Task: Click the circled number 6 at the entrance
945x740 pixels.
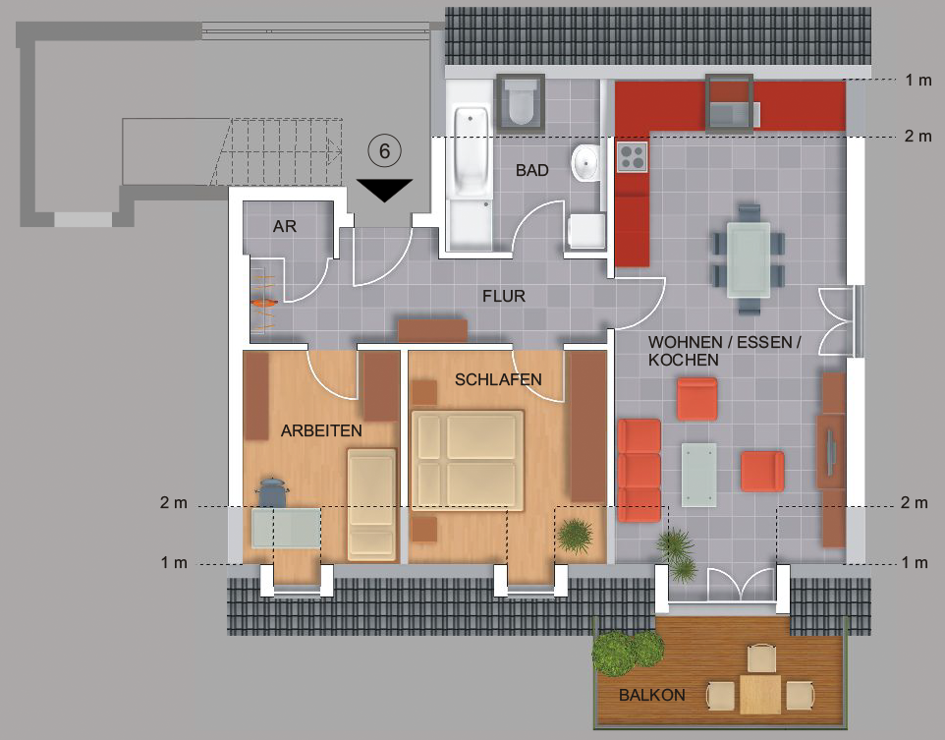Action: pyautogui.click(x=384, y=150)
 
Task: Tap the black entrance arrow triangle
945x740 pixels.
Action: pyautogui.click(x=384, y=190)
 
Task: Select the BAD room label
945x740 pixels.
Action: pyautogui.click(x=532, y=171)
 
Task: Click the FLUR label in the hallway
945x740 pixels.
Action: pyautogui.click(x=504, y=296)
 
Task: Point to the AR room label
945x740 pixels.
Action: pyautogui.click(x=285, y=226)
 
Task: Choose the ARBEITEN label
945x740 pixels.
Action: pyautogui.click(x=321, y=430)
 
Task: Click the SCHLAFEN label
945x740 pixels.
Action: pyautogui.click(x=498, y=379)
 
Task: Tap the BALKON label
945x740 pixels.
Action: pyautogui.click(x=652, y=695)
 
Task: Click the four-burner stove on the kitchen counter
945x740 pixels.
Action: pyautogui.click(x=633, y=157)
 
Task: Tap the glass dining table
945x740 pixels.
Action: pyautogui.click(x=748, y=260)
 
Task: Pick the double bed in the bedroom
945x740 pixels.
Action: pyautogui.click(x=467, y=460)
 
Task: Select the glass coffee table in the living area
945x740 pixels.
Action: pyautogui.click(x=699, y=475)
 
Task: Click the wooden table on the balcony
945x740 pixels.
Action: pyautogui.click(x=760, y=694)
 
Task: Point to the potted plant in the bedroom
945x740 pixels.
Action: pyautogui.click(x=575, y=535)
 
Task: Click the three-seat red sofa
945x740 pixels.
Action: pyautogui.click(x=639, y=470)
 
